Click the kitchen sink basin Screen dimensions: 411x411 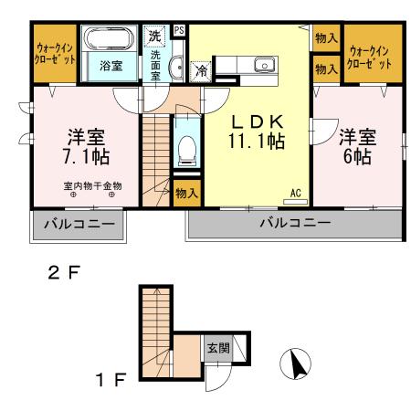click(x=266, y=64)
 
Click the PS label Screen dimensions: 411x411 click(x=179, y=29)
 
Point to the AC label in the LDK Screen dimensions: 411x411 click(x=296, y=192)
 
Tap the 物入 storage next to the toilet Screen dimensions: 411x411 click(x=186, y=194)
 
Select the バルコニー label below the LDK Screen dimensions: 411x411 click(x=292, y=224)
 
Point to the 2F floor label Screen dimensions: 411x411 click(x=65, y=271)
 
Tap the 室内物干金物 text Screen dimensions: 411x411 click(x=92, y=185)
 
